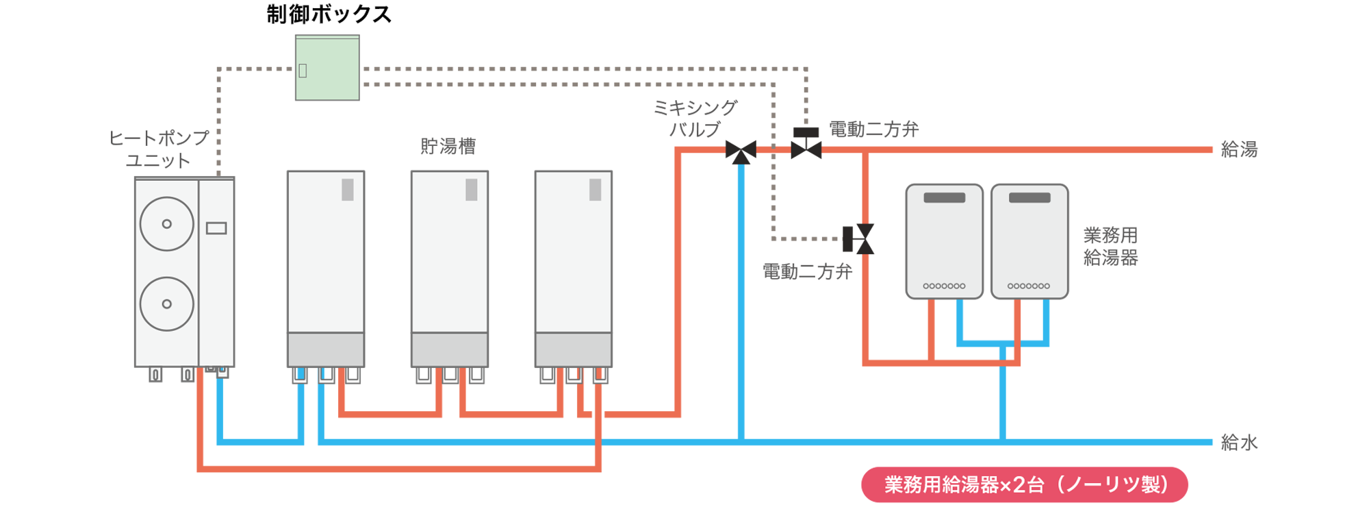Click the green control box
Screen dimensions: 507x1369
coord(327,68)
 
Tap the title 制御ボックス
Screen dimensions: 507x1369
coord(329,14)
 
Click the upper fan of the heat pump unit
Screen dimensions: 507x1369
coord(166,224)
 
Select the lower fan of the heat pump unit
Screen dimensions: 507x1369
coord(166,304)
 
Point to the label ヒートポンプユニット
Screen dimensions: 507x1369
coord(159,149)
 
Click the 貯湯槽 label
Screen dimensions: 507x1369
coord(448,146)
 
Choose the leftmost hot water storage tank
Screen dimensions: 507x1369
coord(326,267)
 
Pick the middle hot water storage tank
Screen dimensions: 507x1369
coord(450,267)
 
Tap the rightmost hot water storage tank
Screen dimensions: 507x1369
coord(574,267)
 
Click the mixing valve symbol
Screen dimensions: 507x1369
coord(741,151)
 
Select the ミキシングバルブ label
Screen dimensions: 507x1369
coord(695,119)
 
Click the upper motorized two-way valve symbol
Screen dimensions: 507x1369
coord(806,145)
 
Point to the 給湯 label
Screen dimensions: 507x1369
coord(1239,149)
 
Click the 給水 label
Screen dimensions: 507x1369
coord(1239,443)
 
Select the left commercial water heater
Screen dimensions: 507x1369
coord(944,241)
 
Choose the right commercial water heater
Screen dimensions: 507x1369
coord(1029,241)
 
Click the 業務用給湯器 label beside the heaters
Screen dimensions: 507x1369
coord(1110,247)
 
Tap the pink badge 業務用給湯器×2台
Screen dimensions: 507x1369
coord(1024,485)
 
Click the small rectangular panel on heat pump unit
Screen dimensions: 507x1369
coord(216,228)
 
